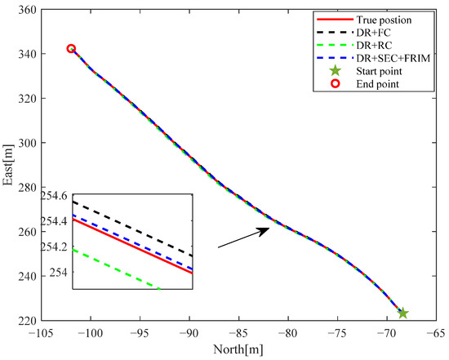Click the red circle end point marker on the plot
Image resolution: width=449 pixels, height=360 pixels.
(x=71, y=49)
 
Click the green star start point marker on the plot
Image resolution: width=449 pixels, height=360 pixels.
(x=402, y=313)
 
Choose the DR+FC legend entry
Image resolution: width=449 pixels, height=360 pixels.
(x=364, y=33)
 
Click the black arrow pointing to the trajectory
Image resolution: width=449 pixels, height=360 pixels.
(x=243, y=238)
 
